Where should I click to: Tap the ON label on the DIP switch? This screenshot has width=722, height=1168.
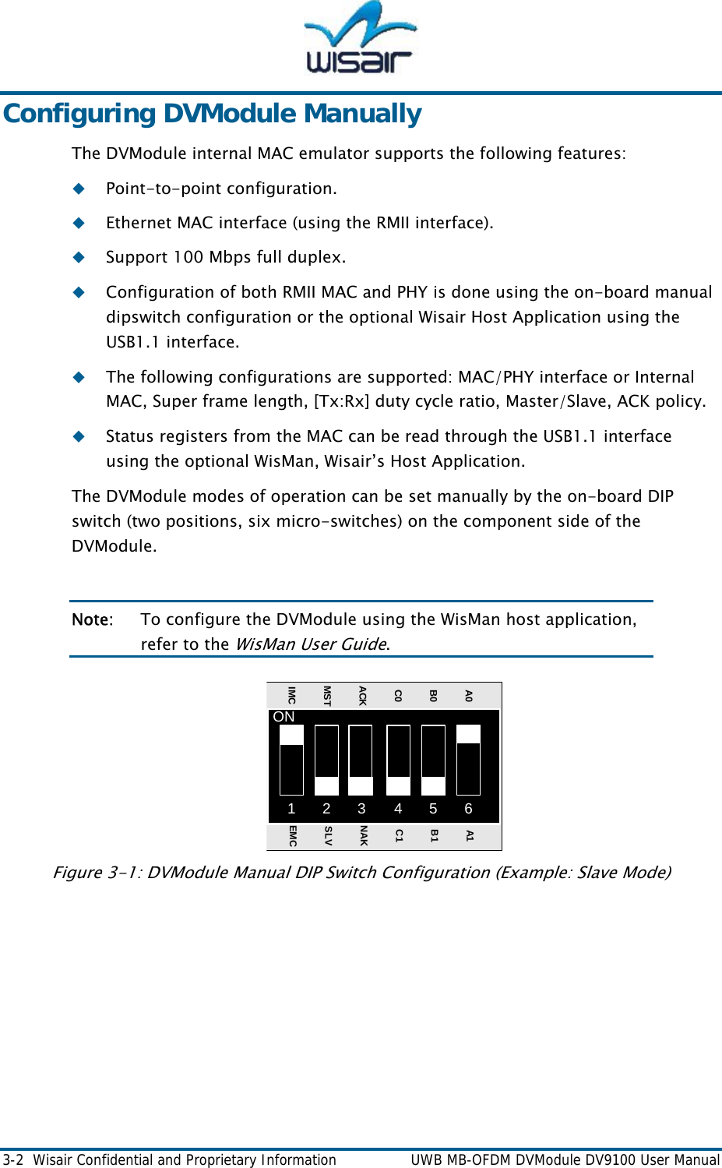(x=284, y=717)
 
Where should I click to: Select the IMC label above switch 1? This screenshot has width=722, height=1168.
(x=291, y=695)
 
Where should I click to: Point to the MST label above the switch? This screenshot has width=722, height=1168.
(x=326, y=696)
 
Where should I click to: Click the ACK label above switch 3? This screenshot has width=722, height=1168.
(x=362, y=696)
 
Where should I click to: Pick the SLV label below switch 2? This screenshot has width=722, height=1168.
(x=328, y=836)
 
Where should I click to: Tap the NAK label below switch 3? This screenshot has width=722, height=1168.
(x=363, y=836)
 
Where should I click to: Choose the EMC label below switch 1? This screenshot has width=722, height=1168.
(x=292, y=836)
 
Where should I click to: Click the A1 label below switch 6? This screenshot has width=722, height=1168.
(x=469, y=835)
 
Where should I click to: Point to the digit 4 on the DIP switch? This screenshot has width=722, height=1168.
(x=397, y=809)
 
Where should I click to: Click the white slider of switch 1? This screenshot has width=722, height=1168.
(x=291, y=735)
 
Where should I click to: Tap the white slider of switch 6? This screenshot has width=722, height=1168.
(x=468, y=734)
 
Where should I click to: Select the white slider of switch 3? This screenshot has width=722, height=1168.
(x=361, y=785)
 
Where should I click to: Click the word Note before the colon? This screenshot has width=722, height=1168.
(x=90, y=620)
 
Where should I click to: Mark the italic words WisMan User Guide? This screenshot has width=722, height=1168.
(x=311, y=644)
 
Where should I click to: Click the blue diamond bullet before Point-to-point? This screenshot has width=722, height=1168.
(x=79, y=189)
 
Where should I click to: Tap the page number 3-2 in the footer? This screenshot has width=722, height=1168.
(x=12, y=1160)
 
